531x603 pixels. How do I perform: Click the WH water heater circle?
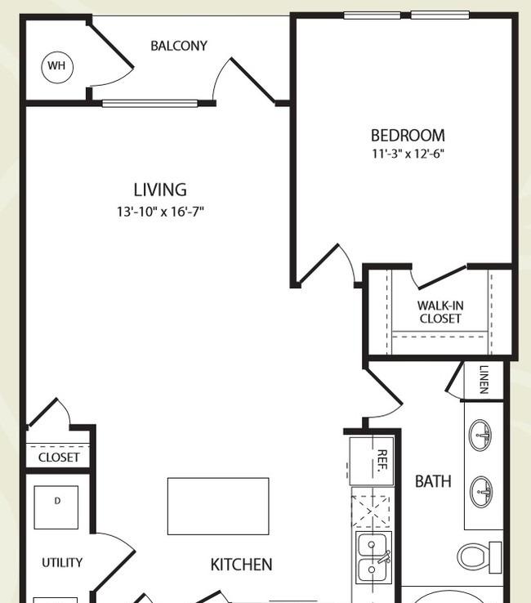click(x=57, y=67)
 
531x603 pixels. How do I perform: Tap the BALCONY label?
click(x=179, y=46)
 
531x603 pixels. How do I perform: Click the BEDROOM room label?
click(x=408, y=136)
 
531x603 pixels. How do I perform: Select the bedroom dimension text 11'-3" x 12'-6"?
click(x=408, y=154)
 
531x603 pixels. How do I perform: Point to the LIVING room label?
click(x=160, y=190)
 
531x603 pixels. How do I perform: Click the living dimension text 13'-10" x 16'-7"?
click(x=160, y=212)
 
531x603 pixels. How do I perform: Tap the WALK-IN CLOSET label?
click(x=440, y=312)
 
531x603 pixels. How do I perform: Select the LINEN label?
click(x=484, y=380)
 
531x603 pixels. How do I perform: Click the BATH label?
click(x=433, y=481)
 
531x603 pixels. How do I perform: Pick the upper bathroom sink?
click(x=480, y=435)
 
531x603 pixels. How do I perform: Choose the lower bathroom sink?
click(x=480, y=492)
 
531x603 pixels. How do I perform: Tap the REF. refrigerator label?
click(x=382, y=461)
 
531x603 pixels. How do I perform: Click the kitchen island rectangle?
click(x=218, y=506)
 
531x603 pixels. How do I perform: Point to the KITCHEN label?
click(x=242, y=565)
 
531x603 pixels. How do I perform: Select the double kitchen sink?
click(x=373, y=557)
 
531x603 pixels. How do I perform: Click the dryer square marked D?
click(x=56, y=507)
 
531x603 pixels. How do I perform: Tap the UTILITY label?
click(x=62, y=563)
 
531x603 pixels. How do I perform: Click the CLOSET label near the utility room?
click(x=59, y=458)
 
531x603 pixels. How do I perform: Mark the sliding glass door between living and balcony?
click(x=150, y=103)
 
